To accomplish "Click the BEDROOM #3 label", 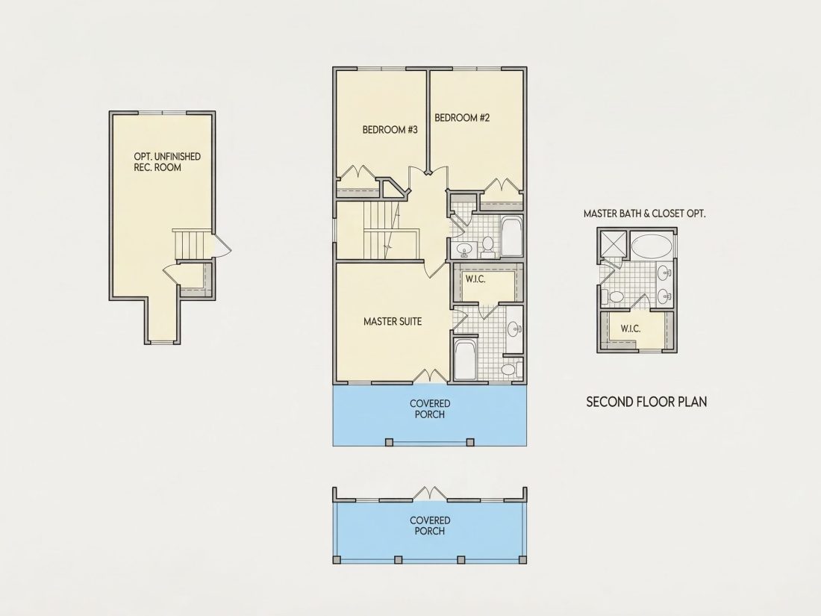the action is (390, 129).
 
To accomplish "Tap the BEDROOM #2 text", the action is (462, 118).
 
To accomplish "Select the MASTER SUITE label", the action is (393, 321).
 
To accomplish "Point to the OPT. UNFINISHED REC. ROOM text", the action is (167, 162).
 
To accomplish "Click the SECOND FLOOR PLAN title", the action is (646, 402).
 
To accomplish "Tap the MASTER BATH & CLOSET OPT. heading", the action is (645, 214).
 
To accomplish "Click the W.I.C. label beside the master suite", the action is (475, 279).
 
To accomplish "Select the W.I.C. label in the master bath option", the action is (631, 329).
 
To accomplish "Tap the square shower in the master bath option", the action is (613, 243).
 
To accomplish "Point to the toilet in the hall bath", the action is (488, 246).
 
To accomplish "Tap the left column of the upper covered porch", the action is (389, 442).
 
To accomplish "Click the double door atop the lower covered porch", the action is (430, 494).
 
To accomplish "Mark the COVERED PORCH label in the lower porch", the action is (430, 526).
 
